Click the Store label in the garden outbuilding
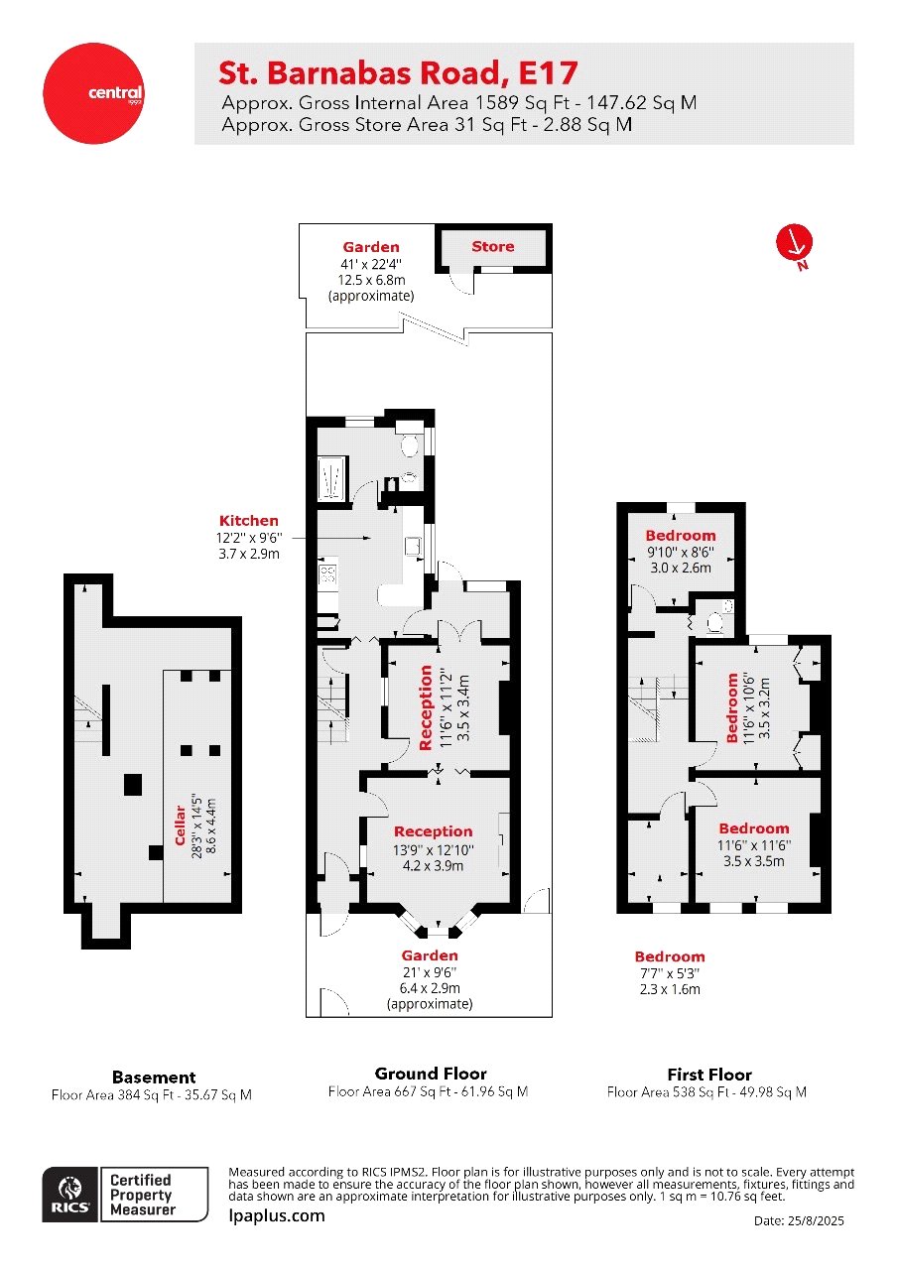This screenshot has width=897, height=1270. click(493, 247)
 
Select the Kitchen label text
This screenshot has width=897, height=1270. click(249, 521)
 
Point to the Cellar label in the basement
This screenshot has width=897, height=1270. click(181, 825)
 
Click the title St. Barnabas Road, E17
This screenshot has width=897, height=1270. click(397, 72)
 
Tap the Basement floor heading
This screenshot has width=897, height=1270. click(154, 1077)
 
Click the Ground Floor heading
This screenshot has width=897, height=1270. click(431, 1074)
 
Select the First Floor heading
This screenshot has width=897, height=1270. click(708, 1075)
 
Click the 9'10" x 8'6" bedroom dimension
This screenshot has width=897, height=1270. click(680, 552)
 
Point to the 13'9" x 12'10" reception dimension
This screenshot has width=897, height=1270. click(434, 849)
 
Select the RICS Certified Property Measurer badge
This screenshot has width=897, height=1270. click(126, 1195)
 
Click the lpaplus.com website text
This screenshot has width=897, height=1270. click(277, 1215)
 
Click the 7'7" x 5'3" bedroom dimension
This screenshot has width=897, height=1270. click(670, 973)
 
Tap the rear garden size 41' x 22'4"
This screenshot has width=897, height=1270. click(371, 265)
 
